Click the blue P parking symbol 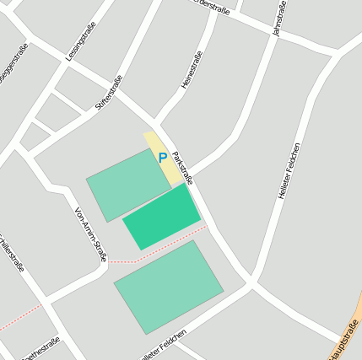click(x=161, y=158)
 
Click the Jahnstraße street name click(x=278, y=18)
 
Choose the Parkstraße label click(x=182, y=168)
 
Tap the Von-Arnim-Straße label click(x=91, y=234)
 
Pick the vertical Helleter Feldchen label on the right click(x=288, y=171)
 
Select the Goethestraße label click(x=39, y=349)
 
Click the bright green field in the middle click(x=162, y=217)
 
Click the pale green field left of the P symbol click(x=127, y=184)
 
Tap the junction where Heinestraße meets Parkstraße click(x=157, y=125)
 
